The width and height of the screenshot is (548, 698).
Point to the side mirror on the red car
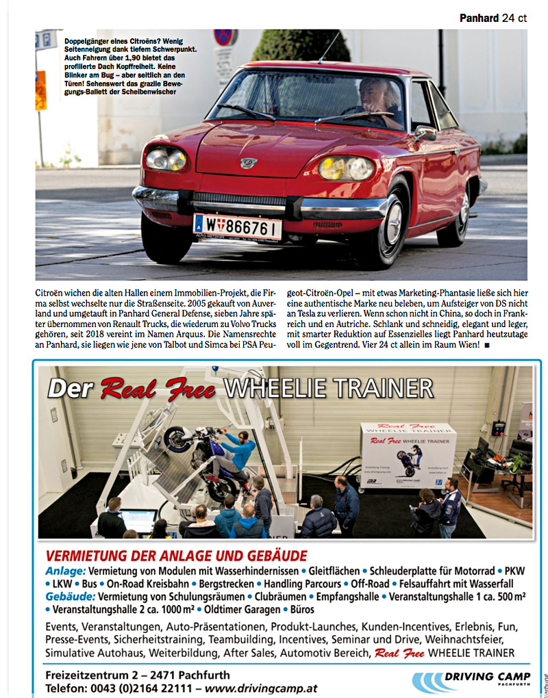coord(426,133)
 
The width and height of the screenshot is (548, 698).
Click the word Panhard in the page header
coord(479,18)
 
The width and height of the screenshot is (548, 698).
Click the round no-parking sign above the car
coord(225,38)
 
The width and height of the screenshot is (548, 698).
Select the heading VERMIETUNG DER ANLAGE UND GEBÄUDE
coord(176,556)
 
